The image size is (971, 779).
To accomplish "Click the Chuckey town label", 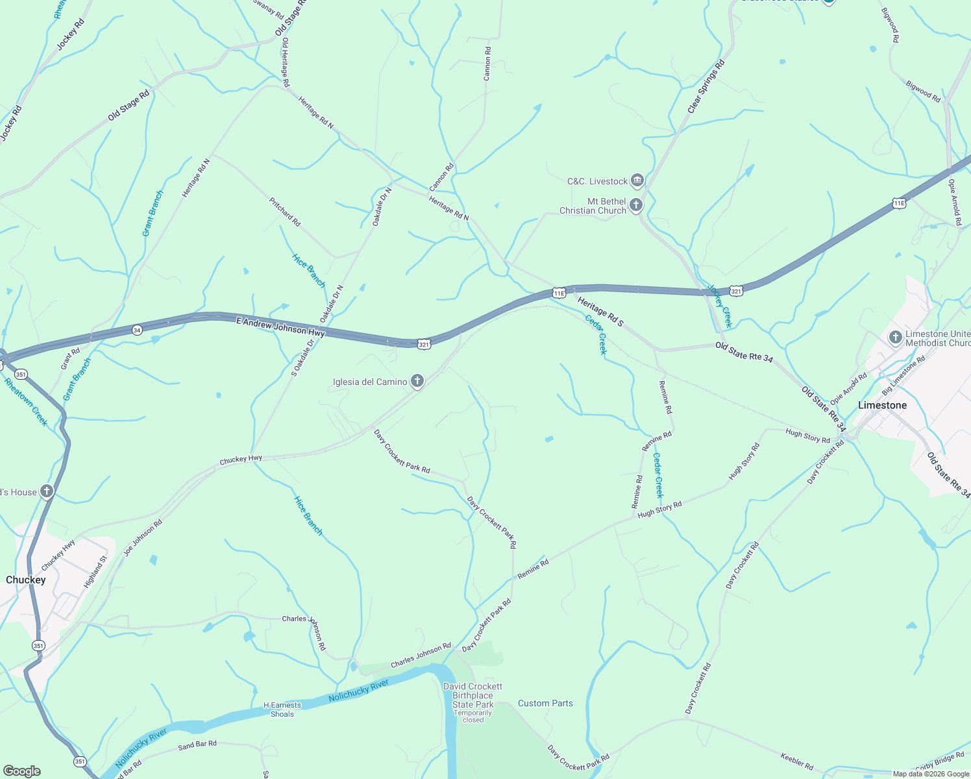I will pos(26,580).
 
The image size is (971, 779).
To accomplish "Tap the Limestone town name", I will pos(882,405).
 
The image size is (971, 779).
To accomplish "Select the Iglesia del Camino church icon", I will pos(417,381).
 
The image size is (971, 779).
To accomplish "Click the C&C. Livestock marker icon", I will pos(637,180).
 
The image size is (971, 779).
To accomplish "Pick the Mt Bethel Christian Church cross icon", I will pos(636,206).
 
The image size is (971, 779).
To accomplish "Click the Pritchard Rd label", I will pos(285,212).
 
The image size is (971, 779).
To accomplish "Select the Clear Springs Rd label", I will pos(706,87).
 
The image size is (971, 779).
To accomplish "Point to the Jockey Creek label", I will pos(720,306).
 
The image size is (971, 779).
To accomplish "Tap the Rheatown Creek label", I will pos(27,402).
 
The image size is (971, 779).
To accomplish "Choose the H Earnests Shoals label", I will pos(282,710).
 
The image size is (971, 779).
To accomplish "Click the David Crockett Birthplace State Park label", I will pos(473,695).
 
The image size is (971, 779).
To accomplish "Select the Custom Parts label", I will pos(545,703).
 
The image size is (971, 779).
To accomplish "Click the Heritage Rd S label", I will pos(600,312).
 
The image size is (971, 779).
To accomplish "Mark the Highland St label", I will pos(95,572).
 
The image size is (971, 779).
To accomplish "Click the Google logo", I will pos(22,771).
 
